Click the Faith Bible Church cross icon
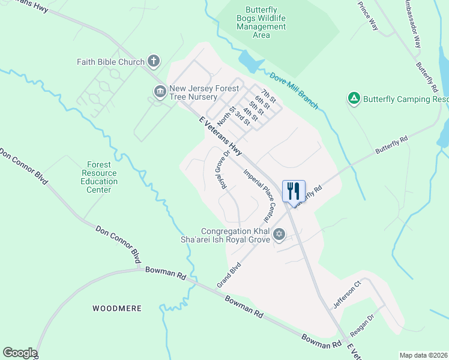point(154,61)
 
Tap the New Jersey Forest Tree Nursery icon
point(160,92)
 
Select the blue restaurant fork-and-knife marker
point(294,191)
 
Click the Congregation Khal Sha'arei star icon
point(279,234)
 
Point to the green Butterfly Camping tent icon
point(354,98)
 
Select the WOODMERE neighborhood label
point(117,308)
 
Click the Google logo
point(20,353)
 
